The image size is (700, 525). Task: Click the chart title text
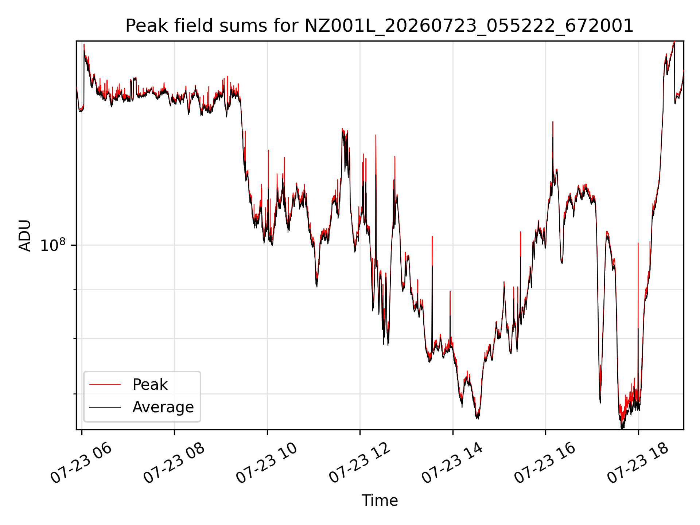point(380,26)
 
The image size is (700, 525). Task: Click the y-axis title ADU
point(25,236)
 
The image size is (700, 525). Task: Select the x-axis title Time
point(380,500)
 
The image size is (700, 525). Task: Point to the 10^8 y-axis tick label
point(53,245)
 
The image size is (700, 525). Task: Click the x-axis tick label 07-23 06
point(81,464)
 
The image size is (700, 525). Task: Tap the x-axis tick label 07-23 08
point(174,464)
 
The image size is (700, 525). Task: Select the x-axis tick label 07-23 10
point(267,464)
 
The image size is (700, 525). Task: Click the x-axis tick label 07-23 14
point(453,464)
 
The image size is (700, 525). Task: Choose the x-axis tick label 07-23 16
point(545,464)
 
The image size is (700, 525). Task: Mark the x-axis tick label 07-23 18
point(638,464)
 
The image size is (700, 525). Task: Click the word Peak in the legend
point(150,385)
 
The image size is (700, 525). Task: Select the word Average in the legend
point(163,407)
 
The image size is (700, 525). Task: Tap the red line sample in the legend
point(105,384)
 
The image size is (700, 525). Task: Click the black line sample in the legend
point(105,407)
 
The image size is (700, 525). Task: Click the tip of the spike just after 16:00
point(553,122)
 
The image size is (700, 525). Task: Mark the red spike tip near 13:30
point(432,237)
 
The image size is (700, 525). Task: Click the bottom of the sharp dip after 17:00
point(600,402)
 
